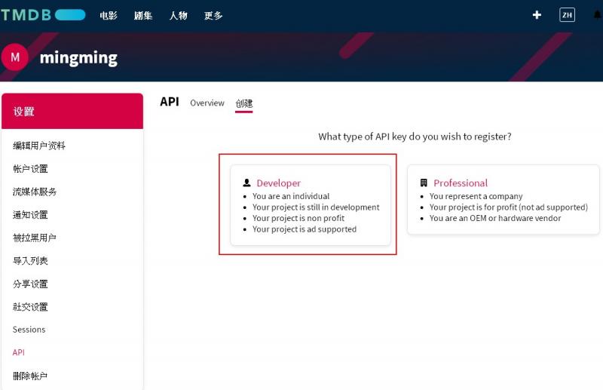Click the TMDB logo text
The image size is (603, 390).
pyautogui.click(x=26, y=15)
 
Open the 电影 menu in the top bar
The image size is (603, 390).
pyautogui.click(x=108, y=15)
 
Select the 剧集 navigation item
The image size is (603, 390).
pyautogui.click(x=143, y=15)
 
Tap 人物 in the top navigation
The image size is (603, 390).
pyautogui.click(x=178, y=15)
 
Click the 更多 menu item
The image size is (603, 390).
pyautogui.click(x=213, y=15)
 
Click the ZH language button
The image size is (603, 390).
pyautogui.click(x=567, y=15)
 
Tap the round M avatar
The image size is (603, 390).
pyautogui.click(x=14, y=57)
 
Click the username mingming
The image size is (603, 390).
pyautogui.click(x=78, y=58)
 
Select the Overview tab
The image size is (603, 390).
pyautogui.click(x=207, y=103)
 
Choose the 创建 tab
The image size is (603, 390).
pyautogui.click(x=243, y=103)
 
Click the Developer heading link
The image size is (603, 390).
pyautogui.click(x=278, y=183)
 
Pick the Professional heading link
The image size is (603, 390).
pyautogui.click(x=461, y=183)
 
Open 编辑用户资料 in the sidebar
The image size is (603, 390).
pyautogui.click(x=39, y=146)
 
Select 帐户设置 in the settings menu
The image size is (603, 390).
pyautogui.click(x=30, y=169)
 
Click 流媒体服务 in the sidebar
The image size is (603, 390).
pyautogui.click(x=34, y=192)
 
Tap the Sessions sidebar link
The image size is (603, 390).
pyautogui.click(x=29, y=330)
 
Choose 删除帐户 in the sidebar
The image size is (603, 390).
pyautogui.click(x=30, y=376)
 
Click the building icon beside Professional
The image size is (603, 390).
pyautogui.click(x=424, y=183)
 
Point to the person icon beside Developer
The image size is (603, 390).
pyautogui.click(x=247, y=183)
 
